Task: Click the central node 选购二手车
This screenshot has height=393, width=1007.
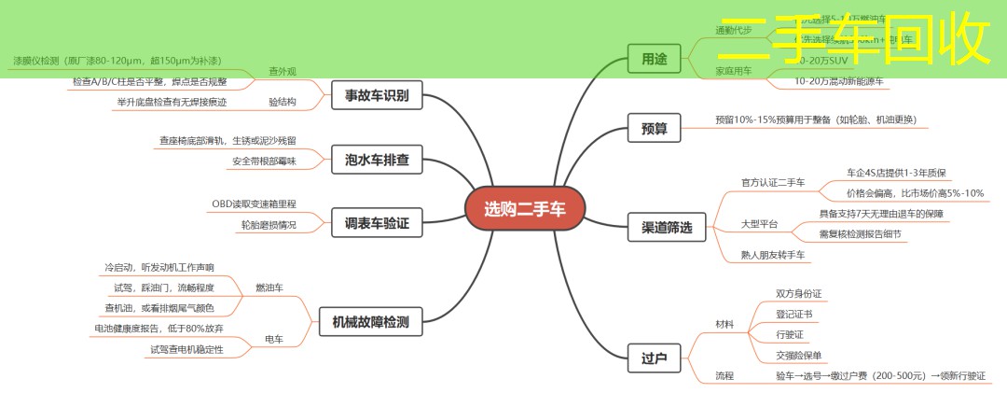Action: click(524, 208)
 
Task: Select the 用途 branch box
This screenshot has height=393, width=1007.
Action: click(655, 59)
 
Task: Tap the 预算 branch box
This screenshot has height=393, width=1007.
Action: click(655, 128)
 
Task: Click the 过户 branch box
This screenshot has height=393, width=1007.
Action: click(655, 358)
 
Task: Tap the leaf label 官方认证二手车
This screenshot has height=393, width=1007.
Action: click(772, 182)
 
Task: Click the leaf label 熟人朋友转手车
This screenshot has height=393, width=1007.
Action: click(774, 255)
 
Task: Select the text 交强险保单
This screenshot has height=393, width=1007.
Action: click(799, 355)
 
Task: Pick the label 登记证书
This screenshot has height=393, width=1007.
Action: click(794, 314)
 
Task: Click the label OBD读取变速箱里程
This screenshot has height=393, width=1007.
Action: click(254, 204)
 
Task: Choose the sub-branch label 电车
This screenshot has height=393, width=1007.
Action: click(274, 338)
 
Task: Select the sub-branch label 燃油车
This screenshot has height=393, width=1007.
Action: click(269, 288)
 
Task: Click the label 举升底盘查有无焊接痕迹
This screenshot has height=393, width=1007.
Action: click(172, 102)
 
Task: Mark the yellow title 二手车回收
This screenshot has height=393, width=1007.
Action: click(854, 39)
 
